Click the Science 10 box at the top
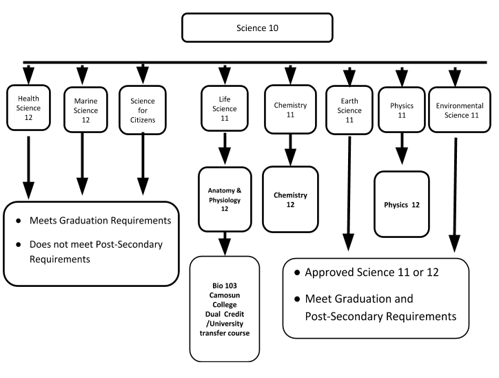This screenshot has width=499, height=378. click(257, 28)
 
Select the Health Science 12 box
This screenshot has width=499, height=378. click(28, 108)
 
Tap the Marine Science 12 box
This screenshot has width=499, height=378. click(85, 110)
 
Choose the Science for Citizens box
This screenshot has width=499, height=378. click(143, 110)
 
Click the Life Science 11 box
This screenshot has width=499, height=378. click(225, 108)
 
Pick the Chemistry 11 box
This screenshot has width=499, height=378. click(290, 109)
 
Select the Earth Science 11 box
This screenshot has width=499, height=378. click(349, 110)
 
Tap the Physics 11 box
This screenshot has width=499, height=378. click(402, 110)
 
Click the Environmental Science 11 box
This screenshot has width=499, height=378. click(460, 110)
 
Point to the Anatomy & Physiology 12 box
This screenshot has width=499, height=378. click(225, 199)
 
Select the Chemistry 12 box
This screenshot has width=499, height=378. click(290, 199)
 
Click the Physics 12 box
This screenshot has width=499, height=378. click(402, 204)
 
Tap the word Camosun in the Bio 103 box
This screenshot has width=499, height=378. click(225, 295)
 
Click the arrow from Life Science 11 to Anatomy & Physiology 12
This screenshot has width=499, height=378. click(225, 149)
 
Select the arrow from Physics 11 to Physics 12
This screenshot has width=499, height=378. click(402, 149)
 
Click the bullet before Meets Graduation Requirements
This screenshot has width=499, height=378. click(19, 221)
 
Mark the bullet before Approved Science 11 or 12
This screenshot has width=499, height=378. click(297, 272)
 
